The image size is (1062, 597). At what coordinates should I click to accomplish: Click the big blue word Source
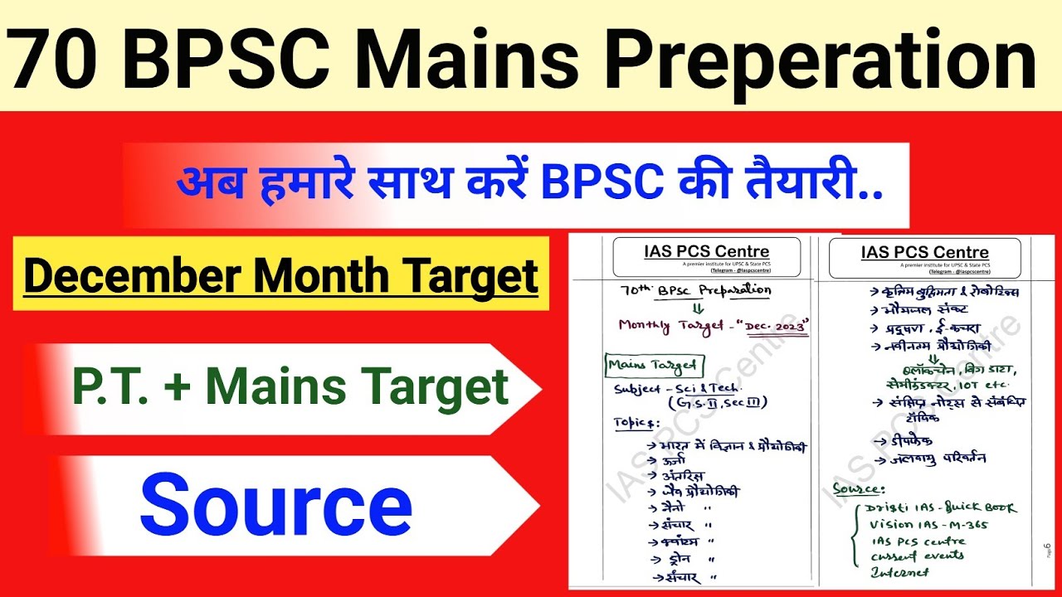[x=276, y=504]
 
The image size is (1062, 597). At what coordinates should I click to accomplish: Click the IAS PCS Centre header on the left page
[x=706, y=252]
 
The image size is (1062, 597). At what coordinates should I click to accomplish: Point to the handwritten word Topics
[x=635, y=422]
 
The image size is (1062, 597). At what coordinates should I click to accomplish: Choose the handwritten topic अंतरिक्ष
[x=684, y=477]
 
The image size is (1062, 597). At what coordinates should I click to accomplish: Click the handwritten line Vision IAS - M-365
[x=928, y=524]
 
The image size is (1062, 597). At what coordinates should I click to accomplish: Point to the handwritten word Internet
[x=900, y=572]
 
